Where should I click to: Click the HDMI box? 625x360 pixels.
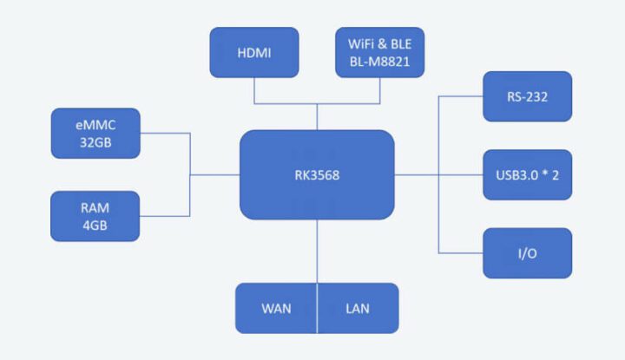tap(254, 52)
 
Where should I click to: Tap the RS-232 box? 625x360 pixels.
tap(528, 96)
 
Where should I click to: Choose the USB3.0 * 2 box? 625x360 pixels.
tap(528, 174)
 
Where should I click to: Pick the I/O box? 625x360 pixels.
tap(528, 252)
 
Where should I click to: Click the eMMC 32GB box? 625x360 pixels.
tap(95, 133)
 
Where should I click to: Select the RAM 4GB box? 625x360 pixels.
tap(95, 216)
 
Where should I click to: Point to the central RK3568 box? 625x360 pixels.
tap(317, 174)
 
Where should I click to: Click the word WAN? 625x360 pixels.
tap(276, 309)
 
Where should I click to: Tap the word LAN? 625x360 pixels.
tap(358, 309)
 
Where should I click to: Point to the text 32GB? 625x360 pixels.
tap(95, 142)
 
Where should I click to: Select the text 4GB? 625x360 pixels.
tap(95, 226)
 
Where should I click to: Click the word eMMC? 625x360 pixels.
tap(95, 123)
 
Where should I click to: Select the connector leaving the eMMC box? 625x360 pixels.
tap(165, 133)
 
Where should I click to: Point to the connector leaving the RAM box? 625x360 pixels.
tap(165, 216)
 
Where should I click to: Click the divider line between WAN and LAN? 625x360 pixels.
tap(317, 309)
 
